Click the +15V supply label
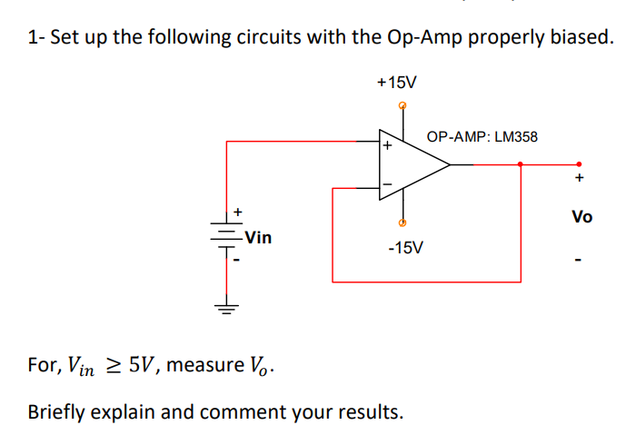point(396,83)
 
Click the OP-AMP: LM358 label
point(482,137)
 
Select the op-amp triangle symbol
point(413,164)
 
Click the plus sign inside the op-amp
point(387,145)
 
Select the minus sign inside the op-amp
point(387,185)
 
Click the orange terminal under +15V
point(403,106)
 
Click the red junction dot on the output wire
point(520,164)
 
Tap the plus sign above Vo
point(579,177)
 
